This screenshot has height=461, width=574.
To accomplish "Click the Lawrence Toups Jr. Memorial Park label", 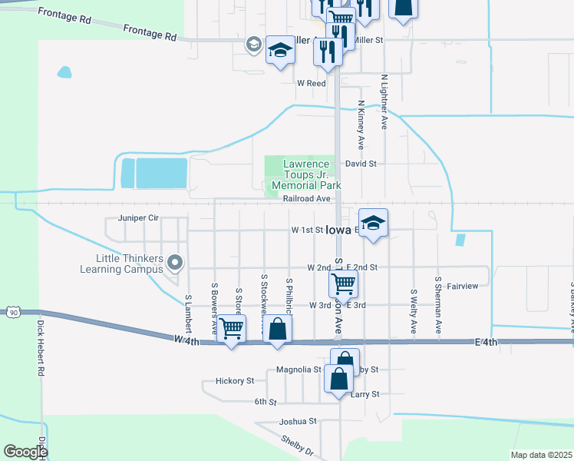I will point(307,174).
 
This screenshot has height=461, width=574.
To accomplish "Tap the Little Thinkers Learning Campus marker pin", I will point(175,263).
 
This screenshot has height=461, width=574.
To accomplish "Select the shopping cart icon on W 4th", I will point(231,329).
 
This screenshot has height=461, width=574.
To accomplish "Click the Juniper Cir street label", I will point(138,218).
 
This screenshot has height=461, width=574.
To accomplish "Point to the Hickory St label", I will point(235,381).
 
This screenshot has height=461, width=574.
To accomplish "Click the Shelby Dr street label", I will point(297,444).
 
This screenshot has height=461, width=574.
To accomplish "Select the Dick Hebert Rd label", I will point(40,347).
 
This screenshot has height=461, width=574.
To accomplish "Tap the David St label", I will point(361,164).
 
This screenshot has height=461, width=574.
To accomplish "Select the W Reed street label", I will point(312,83).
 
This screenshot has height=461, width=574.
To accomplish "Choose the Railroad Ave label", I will point(306,198).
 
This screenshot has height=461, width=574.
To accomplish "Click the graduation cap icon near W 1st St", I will point(374,224).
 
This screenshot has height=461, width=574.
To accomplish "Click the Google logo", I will point(25,452).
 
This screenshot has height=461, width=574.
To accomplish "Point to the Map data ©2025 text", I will point(541,455).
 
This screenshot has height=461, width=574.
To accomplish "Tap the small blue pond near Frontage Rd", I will point(64,74).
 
